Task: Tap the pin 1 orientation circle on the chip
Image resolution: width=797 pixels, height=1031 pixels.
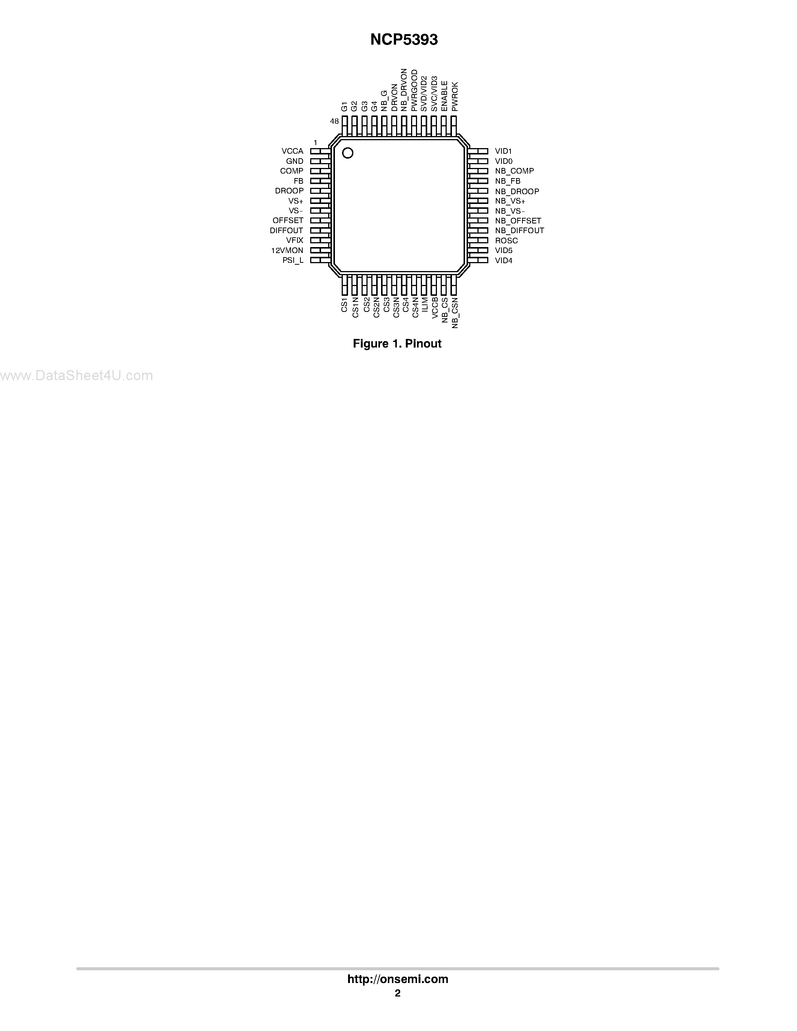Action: [x=348, y=153]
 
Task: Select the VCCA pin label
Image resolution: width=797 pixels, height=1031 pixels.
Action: [x=292, y=151]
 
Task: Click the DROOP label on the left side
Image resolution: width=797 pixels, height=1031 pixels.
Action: [x=289, y=191]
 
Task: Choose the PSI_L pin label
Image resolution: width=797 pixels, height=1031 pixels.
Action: [x=293, y=261]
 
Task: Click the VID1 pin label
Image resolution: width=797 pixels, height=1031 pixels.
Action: [x=503, y=151]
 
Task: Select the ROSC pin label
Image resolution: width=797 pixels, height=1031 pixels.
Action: [x=506, y=241]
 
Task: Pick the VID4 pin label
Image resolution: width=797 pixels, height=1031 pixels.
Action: [x=503, y=261]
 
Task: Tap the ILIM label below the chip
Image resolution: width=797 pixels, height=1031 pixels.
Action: [x=425, y=304]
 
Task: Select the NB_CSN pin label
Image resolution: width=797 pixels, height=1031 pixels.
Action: [x=455, y=313]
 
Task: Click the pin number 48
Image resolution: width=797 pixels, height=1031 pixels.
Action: [x=334, y=121]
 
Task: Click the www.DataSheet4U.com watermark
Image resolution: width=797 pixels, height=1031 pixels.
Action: [x=77, y=376]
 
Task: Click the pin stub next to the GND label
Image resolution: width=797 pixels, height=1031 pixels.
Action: [x=320, y=161]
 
